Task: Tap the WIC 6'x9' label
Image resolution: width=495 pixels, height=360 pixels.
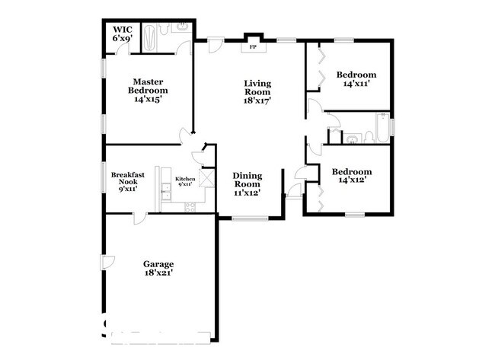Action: pos(123,33)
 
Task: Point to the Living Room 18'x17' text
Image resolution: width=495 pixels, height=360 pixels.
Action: pos(258,91)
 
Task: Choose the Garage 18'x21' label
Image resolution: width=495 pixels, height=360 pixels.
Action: pos(158,269)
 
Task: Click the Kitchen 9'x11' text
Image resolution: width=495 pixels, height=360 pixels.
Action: pos(186,181)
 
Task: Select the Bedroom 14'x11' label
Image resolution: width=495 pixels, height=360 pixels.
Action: pos(356,79)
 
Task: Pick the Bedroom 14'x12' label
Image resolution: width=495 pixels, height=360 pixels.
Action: pos(351,177)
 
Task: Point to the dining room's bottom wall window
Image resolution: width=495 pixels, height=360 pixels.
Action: pos(247,219)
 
